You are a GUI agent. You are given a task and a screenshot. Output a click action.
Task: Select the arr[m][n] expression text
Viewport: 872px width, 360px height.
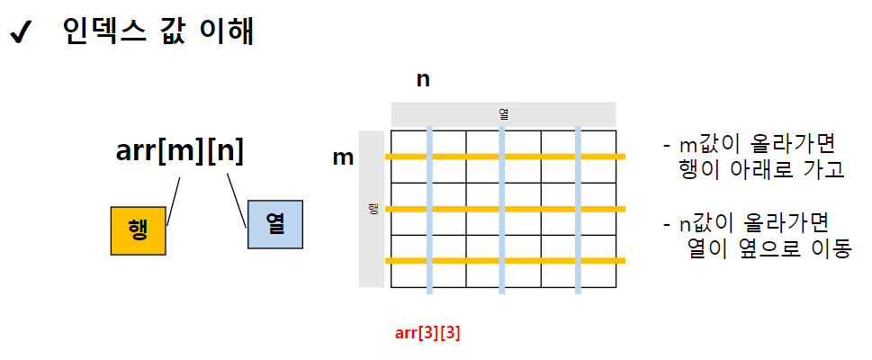tap(180, 150)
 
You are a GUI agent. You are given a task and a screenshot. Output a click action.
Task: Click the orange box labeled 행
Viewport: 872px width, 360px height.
tap(138, 229)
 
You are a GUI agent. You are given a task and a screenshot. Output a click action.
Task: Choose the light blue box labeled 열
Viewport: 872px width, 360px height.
tap(274, 223)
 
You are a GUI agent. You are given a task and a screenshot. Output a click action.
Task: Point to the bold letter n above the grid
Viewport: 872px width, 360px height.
tap(422, 78)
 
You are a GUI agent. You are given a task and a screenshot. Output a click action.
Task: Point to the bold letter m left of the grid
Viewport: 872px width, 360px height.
tap(343, 158)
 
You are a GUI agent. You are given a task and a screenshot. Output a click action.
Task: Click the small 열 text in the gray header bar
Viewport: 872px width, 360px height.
tap(503, 114)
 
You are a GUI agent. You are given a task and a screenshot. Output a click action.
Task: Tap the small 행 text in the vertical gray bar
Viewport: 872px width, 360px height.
tap(372, 209)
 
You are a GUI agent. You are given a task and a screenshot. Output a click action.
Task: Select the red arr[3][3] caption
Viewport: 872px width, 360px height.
tap(427, 333)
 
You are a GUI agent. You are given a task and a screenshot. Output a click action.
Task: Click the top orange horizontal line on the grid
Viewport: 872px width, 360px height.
tap(504, 157)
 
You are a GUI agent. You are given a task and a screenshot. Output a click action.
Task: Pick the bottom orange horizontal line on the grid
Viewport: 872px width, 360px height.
tap(504, 261)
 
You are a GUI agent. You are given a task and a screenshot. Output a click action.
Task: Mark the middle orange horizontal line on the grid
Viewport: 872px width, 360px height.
tap(504, 209)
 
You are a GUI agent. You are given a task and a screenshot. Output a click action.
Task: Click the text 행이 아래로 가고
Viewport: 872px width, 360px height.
tap(764, 169)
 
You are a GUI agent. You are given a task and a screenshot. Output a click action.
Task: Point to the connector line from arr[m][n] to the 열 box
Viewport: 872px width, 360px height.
tap(237, 200)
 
